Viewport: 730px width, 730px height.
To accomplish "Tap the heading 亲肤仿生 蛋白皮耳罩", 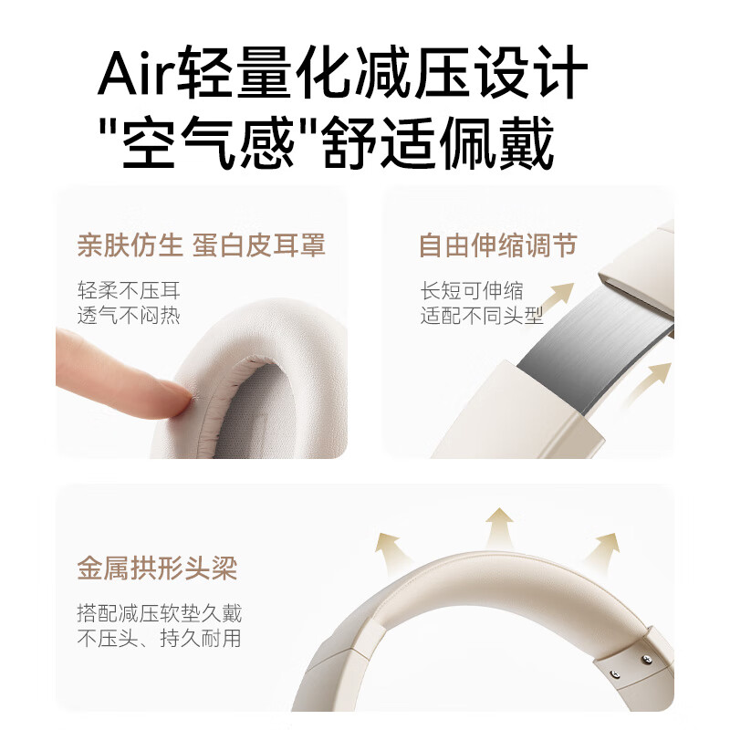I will pyautogui.click(x=201, y=245).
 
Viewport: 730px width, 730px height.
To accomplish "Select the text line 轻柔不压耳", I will pyautogui.click(x=129, y=291).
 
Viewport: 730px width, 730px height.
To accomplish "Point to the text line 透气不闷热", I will pyautogui.click(x=129, y=316).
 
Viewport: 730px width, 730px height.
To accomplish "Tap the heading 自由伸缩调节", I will pyautogui.click(x=497, y=245).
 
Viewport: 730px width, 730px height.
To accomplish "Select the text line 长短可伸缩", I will pyautogui.click(x=472, y=291).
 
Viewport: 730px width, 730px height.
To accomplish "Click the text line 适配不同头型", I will pyautogui.click(x=482, y=316).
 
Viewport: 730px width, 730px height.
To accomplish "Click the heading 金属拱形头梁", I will pyautogui.click(x=157, y=568).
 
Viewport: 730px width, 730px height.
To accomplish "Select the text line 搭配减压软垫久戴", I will pyautogui.click(x=159, y=613).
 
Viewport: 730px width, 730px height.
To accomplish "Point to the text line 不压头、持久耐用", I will pyautogui.click(x=159, y=638).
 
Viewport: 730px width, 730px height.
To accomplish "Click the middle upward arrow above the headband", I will pyautogui.click(x=499, y=527).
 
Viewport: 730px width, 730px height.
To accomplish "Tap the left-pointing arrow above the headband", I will pyautogui.click(x=392, y=548).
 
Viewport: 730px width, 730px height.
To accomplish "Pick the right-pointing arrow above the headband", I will pyautogui.click(x=601, y=550).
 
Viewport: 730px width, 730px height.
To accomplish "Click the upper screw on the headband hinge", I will pyautogui.click(x=647, y=660).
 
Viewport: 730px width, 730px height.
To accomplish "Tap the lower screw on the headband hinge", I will pyautogui.click(x=616, y=674).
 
